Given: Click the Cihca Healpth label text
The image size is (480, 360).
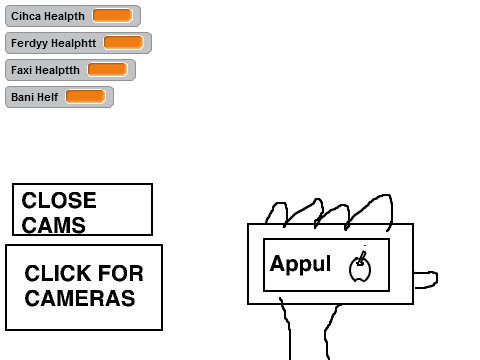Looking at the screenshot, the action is pyautogui.click(x=48, y=16).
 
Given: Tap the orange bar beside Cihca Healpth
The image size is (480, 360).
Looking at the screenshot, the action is pyautogui.click(x=112, y=16).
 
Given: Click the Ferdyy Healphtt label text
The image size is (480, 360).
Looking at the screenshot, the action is pyautogui.click(x=53, y=43).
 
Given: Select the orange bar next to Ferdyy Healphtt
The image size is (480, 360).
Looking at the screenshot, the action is pyautogui.click(x=123, y=43).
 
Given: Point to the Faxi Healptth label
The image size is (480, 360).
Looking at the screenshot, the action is pyautogui.click(x=45, y=70).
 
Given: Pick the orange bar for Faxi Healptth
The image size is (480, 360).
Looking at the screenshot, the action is pyautogui.click(x=107, y=70).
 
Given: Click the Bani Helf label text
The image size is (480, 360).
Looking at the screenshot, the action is pyautogui.click(x=34, y=97).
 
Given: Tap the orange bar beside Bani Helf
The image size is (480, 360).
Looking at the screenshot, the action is pyautogui.click(x=85, y=97).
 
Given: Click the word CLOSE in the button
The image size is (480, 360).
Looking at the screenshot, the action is pyautogui.click(x=59, y=200).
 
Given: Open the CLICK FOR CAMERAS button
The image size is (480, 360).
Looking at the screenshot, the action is pyautogui.click(x=84, y=287).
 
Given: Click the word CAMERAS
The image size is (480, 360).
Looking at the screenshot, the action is pyautogui.click(x=80, y=298).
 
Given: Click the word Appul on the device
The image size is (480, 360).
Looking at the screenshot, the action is pyautogui.click(x=300, y=264).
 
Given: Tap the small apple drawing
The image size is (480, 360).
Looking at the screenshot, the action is pyautogui.click(x=360, y=267).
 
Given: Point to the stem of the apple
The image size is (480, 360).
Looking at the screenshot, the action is pyautogui.click(x=361, y=258).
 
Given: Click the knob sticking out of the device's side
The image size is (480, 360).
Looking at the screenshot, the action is pyautogui.click(x=426, y=280).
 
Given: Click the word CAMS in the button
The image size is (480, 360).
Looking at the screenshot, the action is pyautogui.click(x=54, y=225).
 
